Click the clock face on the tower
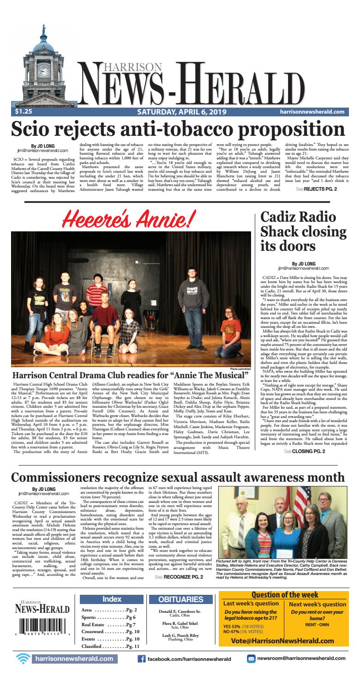44,72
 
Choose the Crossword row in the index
112,631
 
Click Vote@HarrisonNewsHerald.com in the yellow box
282,641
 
